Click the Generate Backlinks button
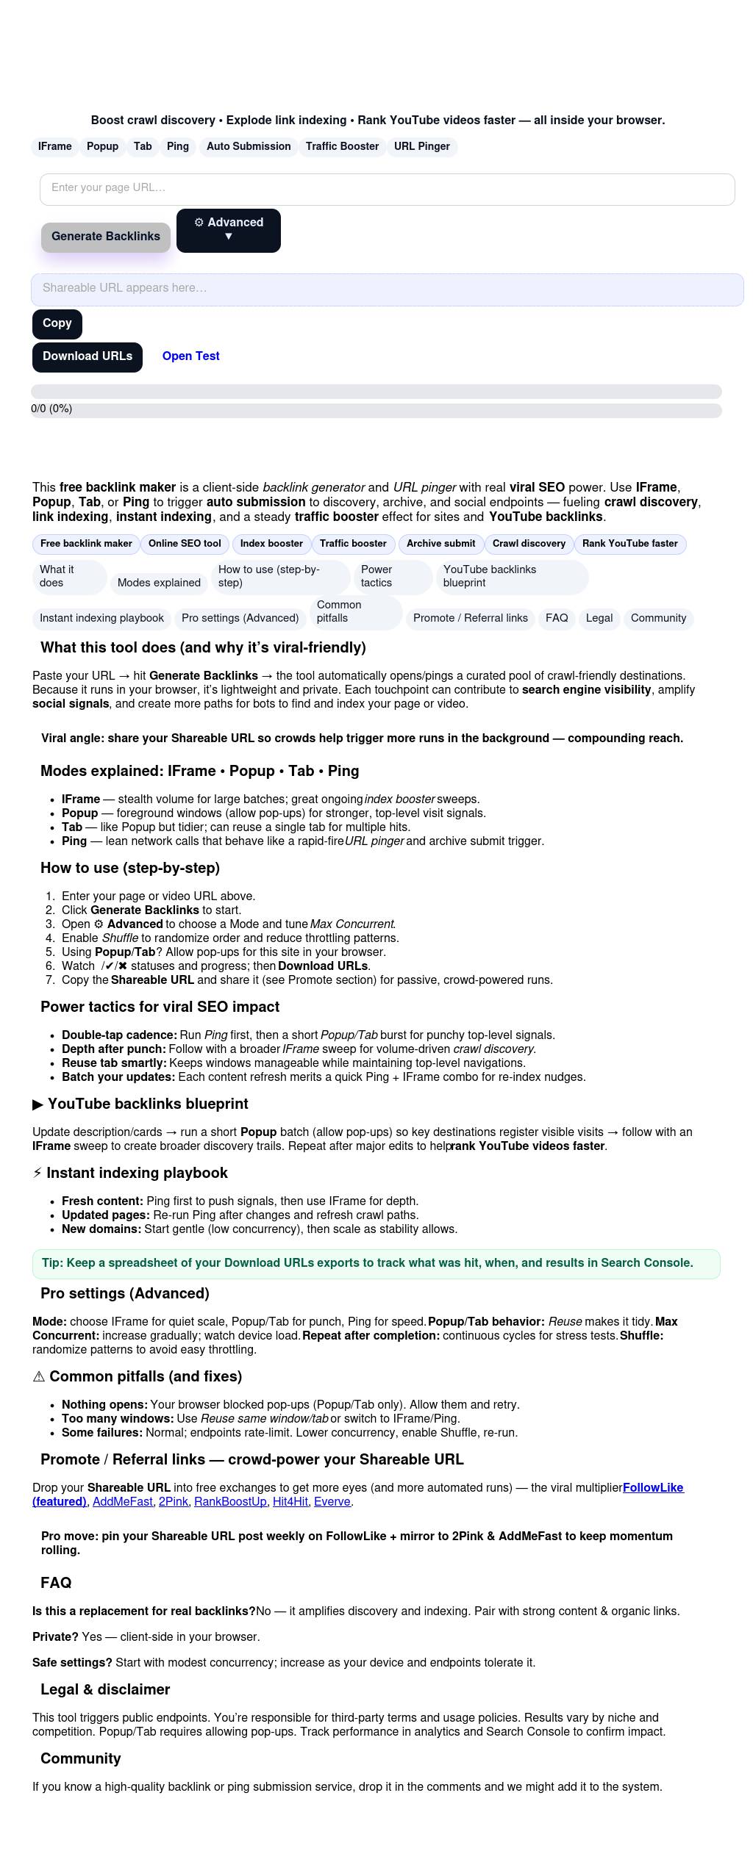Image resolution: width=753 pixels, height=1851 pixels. point(106,237)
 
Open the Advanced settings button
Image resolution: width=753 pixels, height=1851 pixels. point(228,230)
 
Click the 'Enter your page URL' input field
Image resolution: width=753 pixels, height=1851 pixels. point(387,189)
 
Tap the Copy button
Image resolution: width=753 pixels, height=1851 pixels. point(57,323)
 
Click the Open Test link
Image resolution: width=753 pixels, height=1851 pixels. point(190,356)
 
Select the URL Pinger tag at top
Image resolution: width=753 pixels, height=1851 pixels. point(421,147)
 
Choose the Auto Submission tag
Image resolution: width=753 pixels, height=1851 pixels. point(249,147)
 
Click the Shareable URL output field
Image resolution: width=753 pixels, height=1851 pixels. point(387,289)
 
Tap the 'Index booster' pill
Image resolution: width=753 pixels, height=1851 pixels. point(271,544)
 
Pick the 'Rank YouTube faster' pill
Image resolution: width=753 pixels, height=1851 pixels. point(629,544)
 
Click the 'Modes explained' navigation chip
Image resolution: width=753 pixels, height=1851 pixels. point(159,583)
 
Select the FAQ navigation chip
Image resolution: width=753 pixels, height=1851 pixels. point(557,618)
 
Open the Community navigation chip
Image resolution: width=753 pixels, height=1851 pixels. point(658,618)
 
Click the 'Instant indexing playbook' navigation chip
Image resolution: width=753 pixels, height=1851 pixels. point(101,618)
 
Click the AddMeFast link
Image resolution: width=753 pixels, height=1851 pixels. point(123,1501)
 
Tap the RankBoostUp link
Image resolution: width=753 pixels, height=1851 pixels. point(230,1501)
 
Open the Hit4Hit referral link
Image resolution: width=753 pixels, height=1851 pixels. point(290,1501)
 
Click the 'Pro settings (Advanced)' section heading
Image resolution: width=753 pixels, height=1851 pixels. point(125,1293)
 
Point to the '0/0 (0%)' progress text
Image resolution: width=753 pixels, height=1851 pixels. point(51,409)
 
